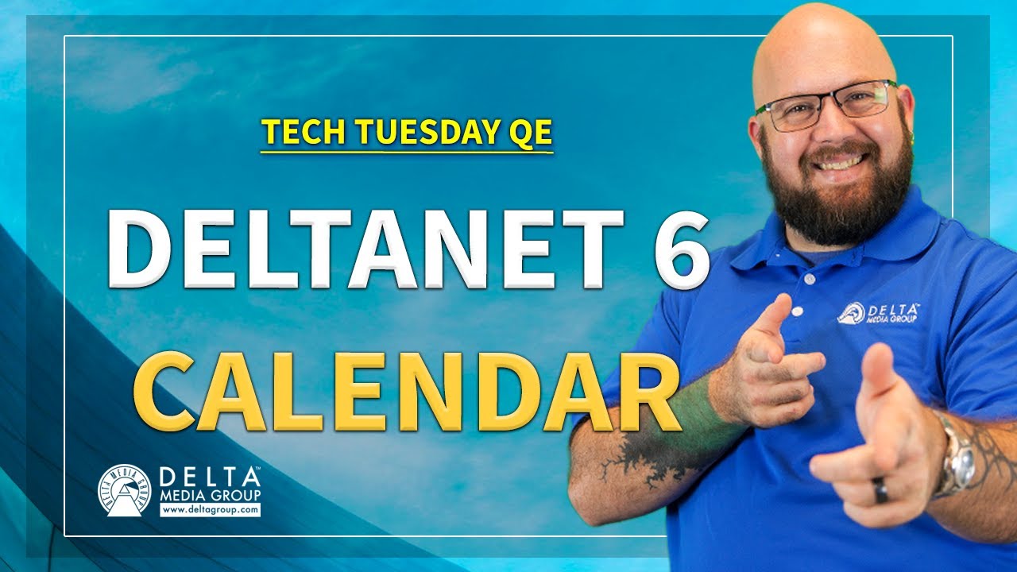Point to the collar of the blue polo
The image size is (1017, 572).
point(914,230)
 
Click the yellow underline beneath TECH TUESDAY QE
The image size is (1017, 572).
point(407,152)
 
